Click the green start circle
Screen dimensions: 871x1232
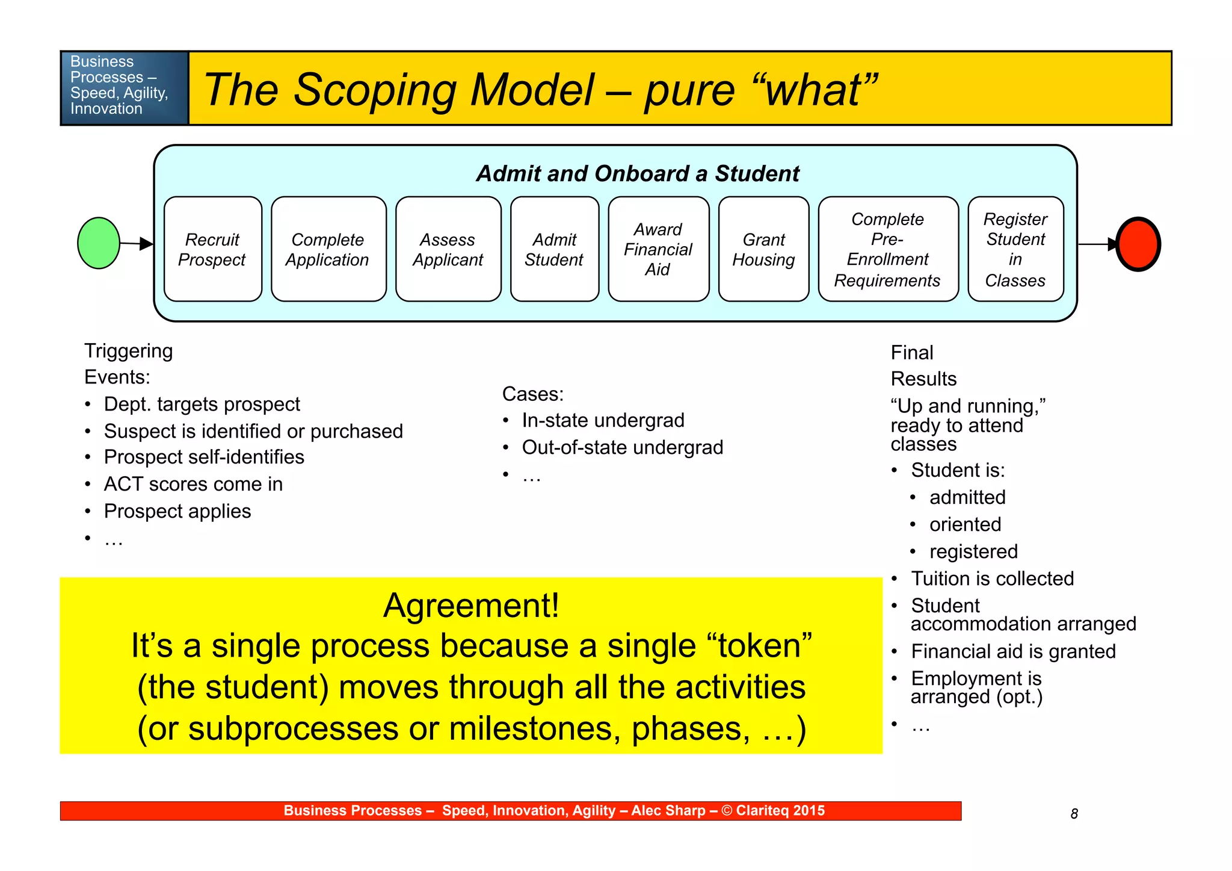pyautogui.click(x=99, y=243)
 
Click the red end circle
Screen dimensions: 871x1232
pyautogui.click(x=1138, y=244)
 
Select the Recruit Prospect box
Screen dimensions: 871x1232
pyautogui.click(x=213, y=249)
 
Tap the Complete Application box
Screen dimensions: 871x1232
pyautogui.click(x=328, y=249)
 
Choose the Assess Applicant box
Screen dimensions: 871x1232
pyautogui.click(x=448, y=249)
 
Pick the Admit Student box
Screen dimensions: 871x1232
pyautogui.click(x=555, y=249)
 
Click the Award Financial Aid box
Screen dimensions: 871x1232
pyautogui.click(x=659, y=249)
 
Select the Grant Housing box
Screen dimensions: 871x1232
pyautogui.click(x=764, y=249)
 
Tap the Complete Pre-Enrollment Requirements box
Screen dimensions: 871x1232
pyautogui.click(x=888, y=249)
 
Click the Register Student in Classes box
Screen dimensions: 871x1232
pyautogui.click(x=1015, y=249)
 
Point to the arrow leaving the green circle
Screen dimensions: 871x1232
pyautogui.click(x=136, y=244)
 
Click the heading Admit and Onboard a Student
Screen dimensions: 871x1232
pyautogui.click(x=638, y=174)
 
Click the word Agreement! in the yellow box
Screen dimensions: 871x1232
pyautogui.click(x=471, y=606)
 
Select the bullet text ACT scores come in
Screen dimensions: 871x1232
pyautogui.click(x=193, y=484)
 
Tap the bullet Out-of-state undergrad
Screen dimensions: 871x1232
pyautogui.click(x=622, y=447)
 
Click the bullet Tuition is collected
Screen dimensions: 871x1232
pyautogui.click(x=992, y=578)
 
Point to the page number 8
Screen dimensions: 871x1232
pyautogui.click(x=1074, y=814)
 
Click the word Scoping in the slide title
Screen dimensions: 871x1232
pyautogui.click(x=375, y=90)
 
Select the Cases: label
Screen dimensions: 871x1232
pyautogui.click(x=533, y=394)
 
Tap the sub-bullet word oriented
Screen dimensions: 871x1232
pyautogui.click(x=965, y=524)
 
